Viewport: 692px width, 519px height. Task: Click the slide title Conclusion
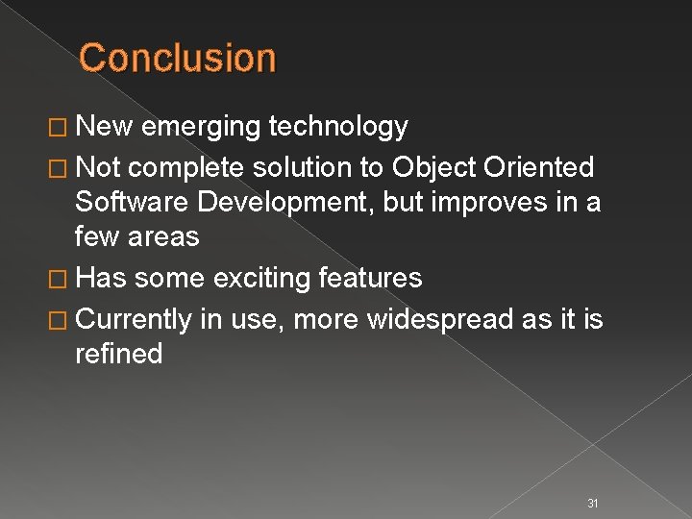[178, 58]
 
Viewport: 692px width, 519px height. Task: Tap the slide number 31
[593, 478]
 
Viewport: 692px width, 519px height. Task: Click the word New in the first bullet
[99, 127]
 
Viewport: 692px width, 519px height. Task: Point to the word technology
[339, 127]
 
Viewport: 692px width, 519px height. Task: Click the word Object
[437, 167]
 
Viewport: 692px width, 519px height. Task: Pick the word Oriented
[541, 167]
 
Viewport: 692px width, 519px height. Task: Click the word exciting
[256, 279]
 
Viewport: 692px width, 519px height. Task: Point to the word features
[368, 279]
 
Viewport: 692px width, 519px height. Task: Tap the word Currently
[134, 317]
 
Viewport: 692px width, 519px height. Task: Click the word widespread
[443, 317]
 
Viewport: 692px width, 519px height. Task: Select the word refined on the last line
[118, 355]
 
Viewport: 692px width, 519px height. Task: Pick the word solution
[305, 167]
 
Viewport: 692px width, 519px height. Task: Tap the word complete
[186, 167]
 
